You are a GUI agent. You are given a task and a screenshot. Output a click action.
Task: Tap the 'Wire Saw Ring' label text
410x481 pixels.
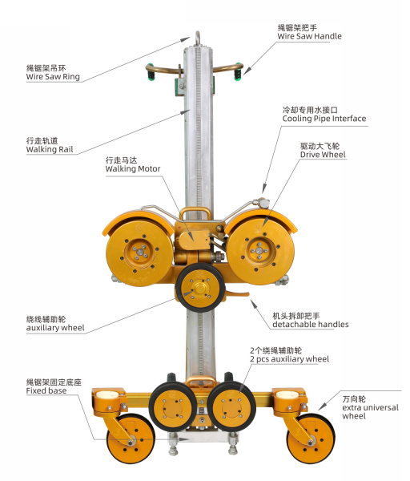[x=52, y=77]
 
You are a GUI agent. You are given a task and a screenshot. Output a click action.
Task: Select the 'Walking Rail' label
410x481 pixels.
[x=50, y=149]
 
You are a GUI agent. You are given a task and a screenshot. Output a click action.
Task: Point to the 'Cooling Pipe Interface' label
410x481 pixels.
[x=324, y=119]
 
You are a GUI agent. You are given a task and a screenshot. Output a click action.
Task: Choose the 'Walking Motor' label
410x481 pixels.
[x=133, y=169]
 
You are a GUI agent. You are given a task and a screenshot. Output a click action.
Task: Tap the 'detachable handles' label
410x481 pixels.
[x=310, y=324]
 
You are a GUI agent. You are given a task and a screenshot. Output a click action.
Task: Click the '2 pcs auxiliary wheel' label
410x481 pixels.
[x=289, y=359]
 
